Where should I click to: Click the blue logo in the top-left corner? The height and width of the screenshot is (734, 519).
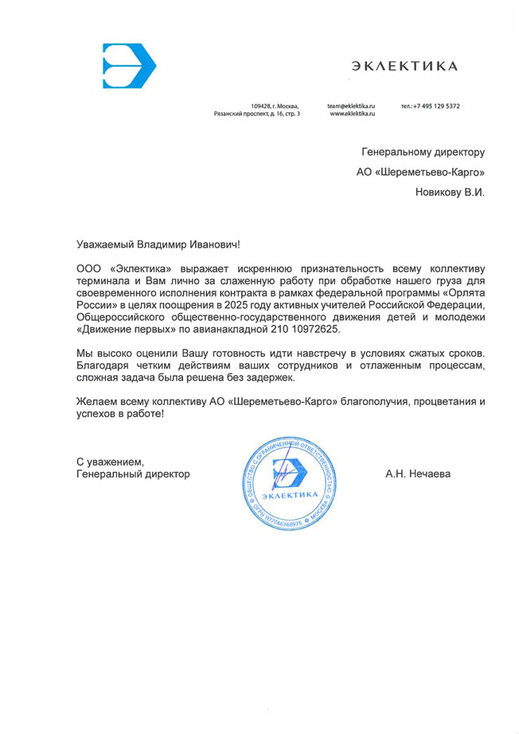pyautogui.click(x=128, y=66)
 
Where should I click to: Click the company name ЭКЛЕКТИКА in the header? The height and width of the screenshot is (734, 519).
pyautogui.click(x=404, y=66)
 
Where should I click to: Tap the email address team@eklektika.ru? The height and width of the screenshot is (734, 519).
pyautogui.click(x=350, y=106)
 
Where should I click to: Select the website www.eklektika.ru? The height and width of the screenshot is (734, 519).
pyautogui.click(x=352, y=115)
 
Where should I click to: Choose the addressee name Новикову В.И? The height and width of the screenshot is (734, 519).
pyautogui.click(x=450, y=192)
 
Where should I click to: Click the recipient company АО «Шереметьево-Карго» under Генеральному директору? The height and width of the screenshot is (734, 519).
pyautogui.click(x=419, y=171)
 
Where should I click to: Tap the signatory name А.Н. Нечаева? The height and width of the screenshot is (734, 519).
pyautogui.click(x=417, y=474)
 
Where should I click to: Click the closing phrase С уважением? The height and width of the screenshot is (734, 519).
pyautogui.click(x=110, y=462)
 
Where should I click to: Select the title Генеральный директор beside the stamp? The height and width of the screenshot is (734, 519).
pyautogui.click(x=133, y=474)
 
